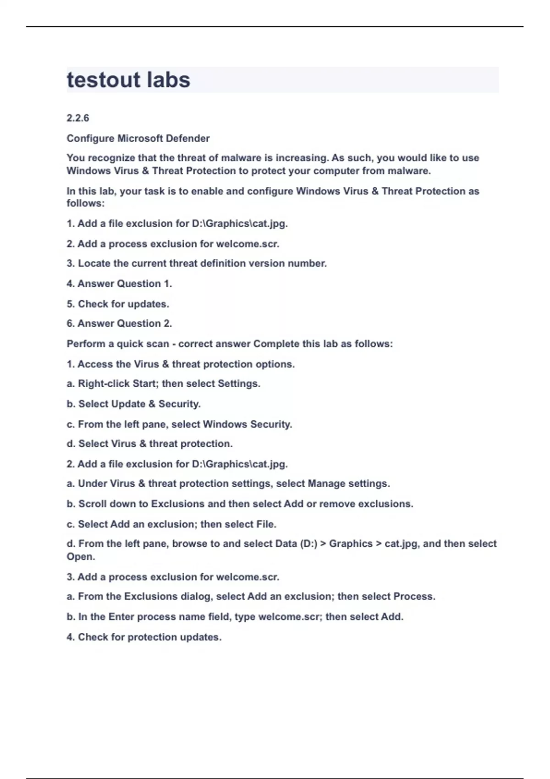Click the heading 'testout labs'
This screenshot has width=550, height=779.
[x=128, y=80]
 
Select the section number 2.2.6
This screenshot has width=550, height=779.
[x=78, y=118]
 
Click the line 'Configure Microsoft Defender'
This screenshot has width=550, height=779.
[x=138, y=138]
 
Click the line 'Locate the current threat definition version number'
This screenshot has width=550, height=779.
[x=197, y=263]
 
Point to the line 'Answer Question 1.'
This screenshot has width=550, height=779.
[x=119, y=284]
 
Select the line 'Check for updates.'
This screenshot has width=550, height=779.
[x=118, y=304]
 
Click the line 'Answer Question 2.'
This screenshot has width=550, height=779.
[x=119, y=324]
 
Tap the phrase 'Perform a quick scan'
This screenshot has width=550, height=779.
[x=118, y=344]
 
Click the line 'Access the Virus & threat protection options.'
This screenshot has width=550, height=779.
[x=181, y=364]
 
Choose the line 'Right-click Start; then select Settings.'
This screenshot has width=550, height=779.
[x=164, y=384]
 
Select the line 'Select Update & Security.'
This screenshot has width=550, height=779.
[x=134, y=404]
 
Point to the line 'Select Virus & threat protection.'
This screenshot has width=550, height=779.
[x=150, y=444]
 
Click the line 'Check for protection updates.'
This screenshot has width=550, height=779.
[x=144, y=637]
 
